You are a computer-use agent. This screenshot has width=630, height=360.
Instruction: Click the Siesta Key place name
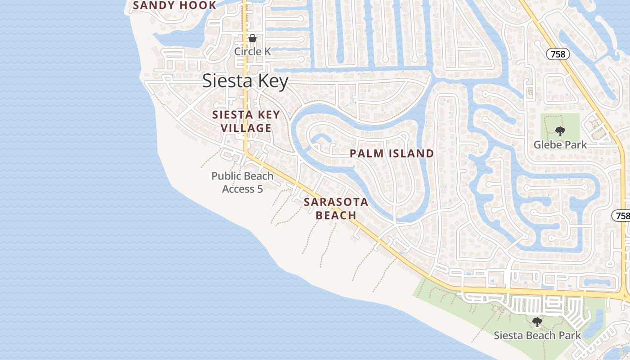[x=245, y=81]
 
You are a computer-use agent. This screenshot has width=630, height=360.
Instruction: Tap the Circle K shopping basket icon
[x=252, y=38]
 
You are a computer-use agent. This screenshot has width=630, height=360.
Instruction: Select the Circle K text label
[x=252, y=51]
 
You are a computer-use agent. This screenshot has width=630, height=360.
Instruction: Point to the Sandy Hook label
[x=175, y=5]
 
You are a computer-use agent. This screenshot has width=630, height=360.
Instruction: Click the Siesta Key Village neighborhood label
[x=246, y=121]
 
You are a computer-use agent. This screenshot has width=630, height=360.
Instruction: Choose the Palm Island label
[x=391, y=153]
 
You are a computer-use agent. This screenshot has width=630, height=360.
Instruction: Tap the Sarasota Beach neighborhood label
[x=336, y=208]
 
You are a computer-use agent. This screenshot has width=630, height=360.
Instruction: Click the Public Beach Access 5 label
[x=243, y=182]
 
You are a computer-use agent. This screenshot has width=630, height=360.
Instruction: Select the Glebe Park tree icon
[x=560, y=131]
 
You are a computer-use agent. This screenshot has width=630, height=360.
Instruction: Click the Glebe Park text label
[x=560, y=144]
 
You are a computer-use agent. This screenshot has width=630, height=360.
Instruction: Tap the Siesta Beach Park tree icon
[x=537, y=322]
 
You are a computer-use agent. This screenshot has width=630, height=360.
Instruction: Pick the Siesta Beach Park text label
[x=537, y=335]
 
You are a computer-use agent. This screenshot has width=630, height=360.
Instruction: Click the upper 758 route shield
[x=558, y=54]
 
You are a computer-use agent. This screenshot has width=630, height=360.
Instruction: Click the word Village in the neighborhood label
[x=246, y=128]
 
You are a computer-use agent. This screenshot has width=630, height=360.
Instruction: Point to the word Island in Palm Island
[x=412, y=153]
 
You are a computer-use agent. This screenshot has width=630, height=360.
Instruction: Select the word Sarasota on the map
[x=336, y=202]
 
